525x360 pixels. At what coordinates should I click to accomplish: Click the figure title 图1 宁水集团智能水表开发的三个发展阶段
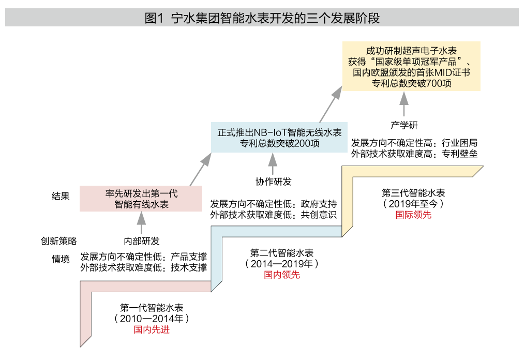click(262, 19)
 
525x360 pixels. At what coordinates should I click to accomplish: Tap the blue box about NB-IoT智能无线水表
click(279, 138)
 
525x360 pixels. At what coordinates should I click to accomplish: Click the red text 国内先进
click(152, 329)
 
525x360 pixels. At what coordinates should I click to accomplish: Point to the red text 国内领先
click(282, 275)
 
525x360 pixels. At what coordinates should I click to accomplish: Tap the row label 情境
click(61, 259)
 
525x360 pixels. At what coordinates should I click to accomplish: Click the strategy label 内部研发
click(141, 241)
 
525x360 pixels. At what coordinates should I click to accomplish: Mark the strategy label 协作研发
click(274, 182)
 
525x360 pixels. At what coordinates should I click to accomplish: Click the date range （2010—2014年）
click(152, 318)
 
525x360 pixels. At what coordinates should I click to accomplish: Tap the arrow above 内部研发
click(141, 223)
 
